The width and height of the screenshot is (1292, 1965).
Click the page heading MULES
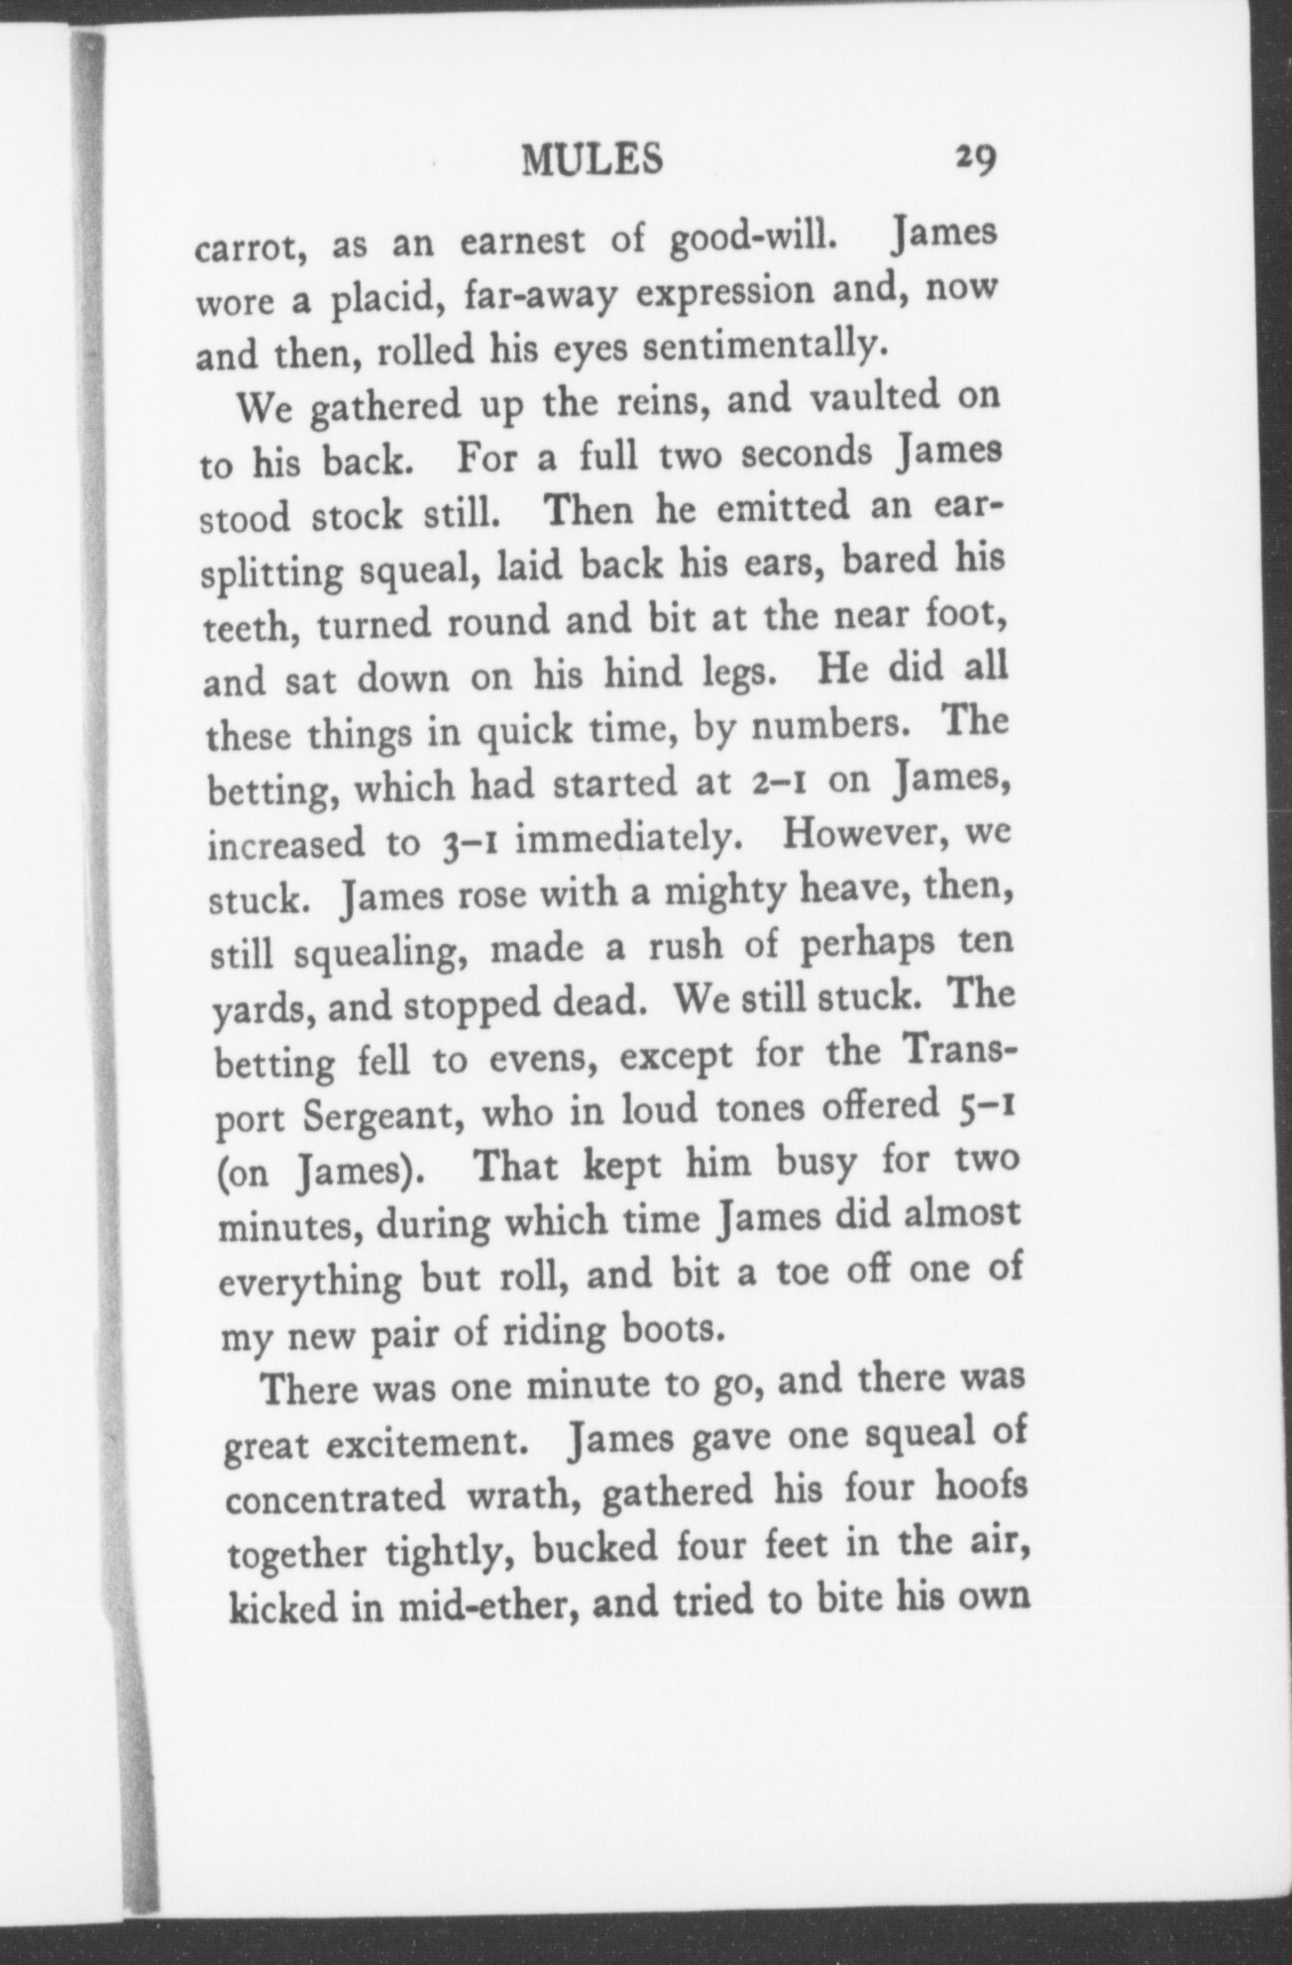pos(592,158)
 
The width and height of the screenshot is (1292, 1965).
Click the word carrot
pos(247,246)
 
